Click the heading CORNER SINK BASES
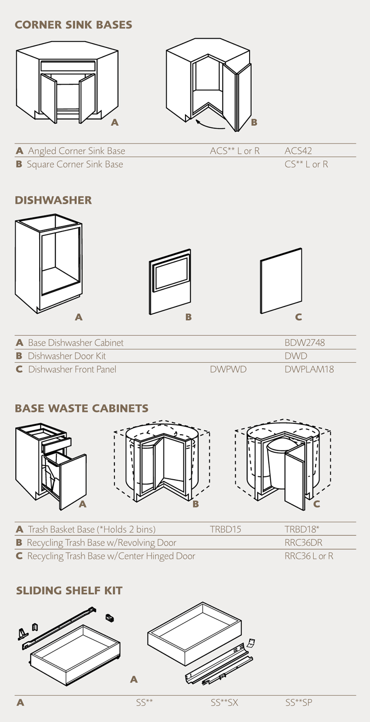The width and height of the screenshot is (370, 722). point(73,25)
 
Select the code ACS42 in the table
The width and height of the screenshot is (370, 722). point(298,151)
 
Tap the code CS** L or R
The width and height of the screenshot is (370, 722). point(306,164)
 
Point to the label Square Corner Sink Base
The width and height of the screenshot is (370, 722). point(75,164)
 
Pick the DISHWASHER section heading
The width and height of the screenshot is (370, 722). point(53,200)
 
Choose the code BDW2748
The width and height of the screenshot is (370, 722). point(304,343)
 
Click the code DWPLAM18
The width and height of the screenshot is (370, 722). point(309,370)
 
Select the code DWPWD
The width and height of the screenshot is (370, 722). point(228,370)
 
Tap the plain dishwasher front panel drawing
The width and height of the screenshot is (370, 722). point(281,281)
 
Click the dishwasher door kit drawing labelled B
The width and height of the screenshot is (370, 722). point(170,282)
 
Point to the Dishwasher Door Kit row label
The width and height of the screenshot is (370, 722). point(67,356)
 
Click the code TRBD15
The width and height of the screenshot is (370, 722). point(226,529)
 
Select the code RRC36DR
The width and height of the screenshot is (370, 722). point(303,542)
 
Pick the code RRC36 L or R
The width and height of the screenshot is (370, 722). point(309,556)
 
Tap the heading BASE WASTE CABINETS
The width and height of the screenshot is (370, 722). point(81,408)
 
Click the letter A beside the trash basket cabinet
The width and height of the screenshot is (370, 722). point(82,504)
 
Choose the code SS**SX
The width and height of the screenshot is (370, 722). point(225,703)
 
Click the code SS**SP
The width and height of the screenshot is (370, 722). point(299,703)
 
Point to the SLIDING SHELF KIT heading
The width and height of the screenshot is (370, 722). point(69,591)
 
